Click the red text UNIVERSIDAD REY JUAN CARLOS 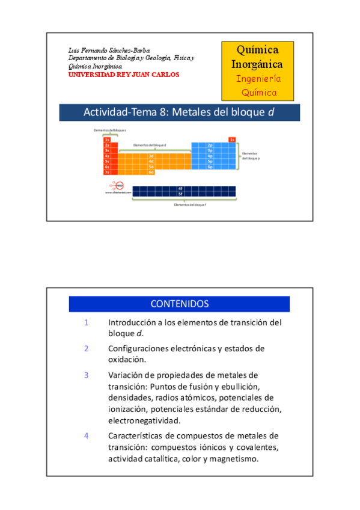[124, 75]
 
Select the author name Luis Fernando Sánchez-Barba [109, 51]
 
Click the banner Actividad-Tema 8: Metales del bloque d [179, 112]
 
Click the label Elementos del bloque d [150, 145]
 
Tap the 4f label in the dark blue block [180, 189]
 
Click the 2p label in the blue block [210, 146]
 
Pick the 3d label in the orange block [151, 156]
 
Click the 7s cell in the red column [107, 173]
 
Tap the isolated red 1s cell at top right [232, 140]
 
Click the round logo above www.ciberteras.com [119, 186]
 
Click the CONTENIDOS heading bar [179, 304]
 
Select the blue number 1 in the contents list [87, 322]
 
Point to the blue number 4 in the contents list [87, 435]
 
